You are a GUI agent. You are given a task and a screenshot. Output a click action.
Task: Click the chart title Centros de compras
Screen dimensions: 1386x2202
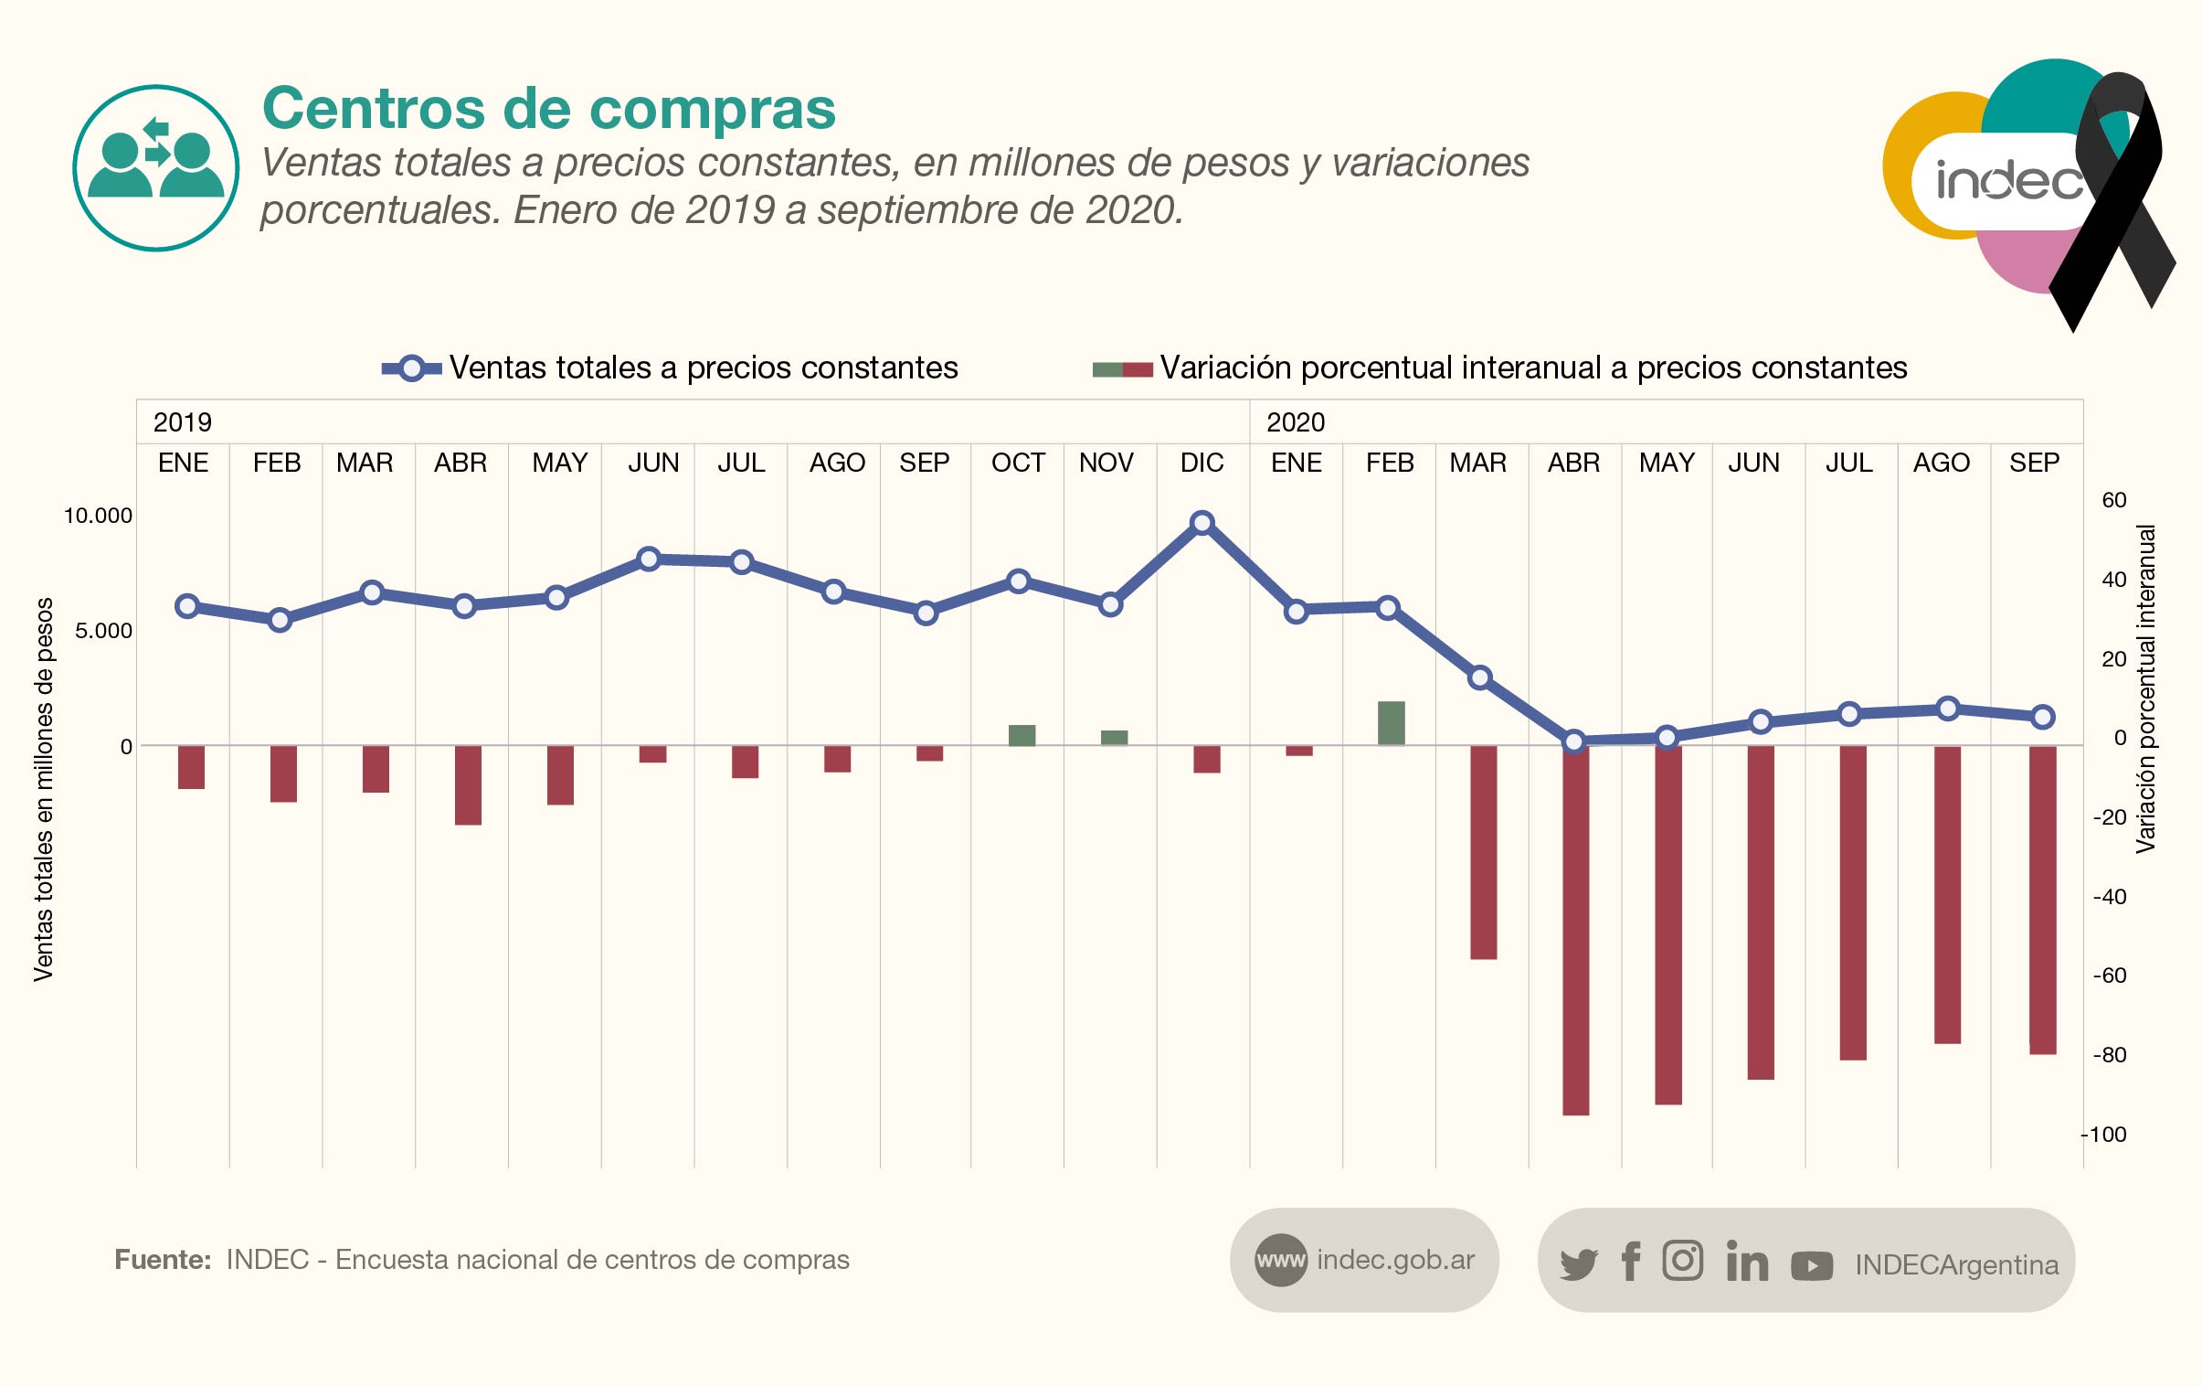click(x=548, y=109)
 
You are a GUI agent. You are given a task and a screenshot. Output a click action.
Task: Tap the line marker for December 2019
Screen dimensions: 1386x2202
click(x=1202, y=522)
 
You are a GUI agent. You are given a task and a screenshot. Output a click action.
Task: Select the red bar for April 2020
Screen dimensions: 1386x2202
click(x=1575, y=931)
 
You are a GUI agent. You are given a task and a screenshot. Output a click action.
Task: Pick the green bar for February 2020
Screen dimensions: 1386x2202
click(x=1391, y=723)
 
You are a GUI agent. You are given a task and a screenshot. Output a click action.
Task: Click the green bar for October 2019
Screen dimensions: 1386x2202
click(x=1022, y=736)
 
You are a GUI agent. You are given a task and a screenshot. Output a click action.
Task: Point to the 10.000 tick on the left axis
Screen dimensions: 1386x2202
click(x=98, y=516)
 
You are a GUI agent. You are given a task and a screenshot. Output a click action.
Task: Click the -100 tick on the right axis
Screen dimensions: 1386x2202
click(x=2104, y=1135)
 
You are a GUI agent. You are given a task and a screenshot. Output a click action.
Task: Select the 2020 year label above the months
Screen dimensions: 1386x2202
click(x=1295, y=422)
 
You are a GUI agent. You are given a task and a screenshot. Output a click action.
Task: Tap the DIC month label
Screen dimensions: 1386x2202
click(x=1202, y=463)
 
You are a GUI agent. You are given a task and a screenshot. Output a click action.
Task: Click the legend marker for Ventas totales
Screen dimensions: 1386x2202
click(x=411, y=368)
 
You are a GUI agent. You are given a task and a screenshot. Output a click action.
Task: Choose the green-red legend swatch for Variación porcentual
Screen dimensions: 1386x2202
click(x=1122, y=369)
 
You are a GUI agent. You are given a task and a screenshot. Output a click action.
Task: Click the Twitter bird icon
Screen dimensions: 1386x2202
click(x=1578, y=1264)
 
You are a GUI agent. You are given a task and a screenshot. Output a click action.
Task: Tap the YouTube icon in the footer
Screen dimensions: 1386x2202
click(x=1812, y=1265)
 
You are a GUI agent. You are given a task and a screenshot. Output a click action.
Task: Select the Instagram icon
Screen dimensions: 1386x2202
click(x=1683, y=1261)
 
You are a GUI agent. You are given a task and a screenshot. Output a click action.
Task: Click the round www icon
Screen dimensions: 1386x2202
click(x=1280, y=1261)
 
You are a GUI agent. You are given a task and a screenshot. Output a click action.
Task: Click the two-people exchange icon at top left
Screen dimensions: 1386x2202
click(x=156, y=167)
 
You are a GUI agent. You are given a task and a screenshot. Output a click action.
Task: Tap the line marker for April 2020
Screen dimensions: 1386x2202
click(x=1573, y=741)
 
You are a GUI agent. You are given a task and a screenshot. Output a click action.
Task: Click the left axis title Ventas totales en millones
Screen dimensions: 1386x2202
click(x=44, y=789)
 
